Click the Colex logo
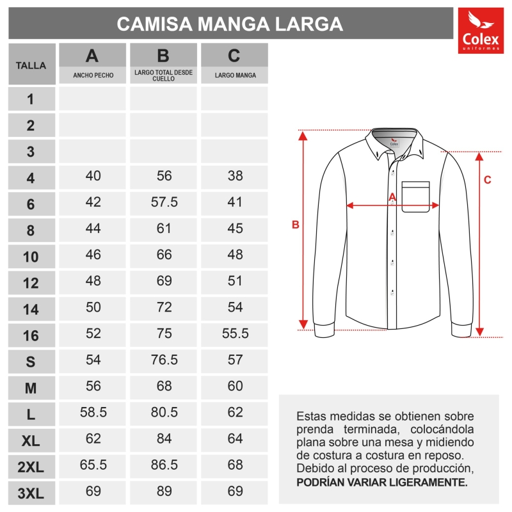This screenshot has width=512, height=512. [x=480, y=30]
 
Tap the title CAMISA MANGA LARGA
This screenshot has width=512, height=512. [x=230, y=24]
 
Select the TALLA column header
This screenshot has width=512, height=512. [x=31, y=65]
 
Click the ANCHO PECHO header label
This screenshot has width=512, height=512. [x=93, y=76]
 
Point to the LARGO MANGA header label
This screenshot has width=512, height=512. [x=235, y=76]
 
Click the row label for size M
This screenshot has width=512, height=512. [x=31, y=388]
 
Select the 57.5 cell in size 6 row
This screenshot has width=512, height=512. [x=164, y=202]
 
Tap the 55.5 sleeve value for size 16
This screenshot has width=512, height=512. [x=235, y=333]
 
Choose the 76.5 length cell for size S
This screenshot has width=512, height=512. [x=164, y=360]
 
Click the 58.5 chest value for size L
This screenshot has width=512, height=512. [x=93, y=412]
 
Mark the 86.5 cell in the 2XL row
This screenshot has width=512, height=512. [x=164, y=465]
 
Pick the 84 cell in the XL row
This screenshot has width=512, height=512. [x=164, y=438]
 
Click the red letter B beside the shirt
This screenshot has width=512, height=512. [x=296, y=225]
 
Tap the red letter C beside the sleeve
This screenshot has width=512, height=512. [x=487, y=180]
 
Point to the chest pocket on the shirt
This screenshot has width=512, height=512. [x=415, y=196]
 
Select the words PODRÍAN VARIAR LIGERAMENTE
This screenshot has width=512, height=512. [x=382, y=482]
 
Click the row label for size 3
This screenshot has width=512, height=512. [x=31, y=152]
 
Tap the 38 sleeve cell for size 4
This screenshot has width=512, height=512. [x=235, y=176]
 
